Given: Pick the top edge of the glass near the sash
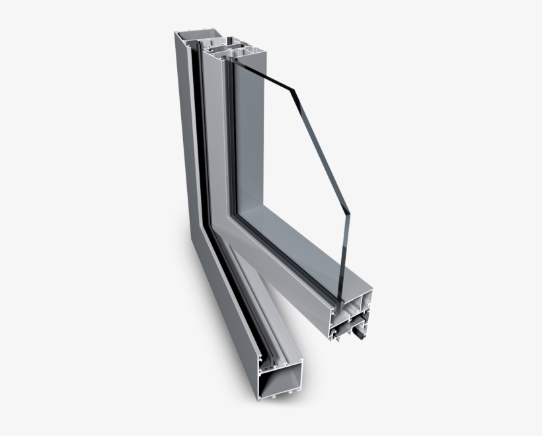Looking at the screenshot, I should pyautogui.click(x=264, y=67).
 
